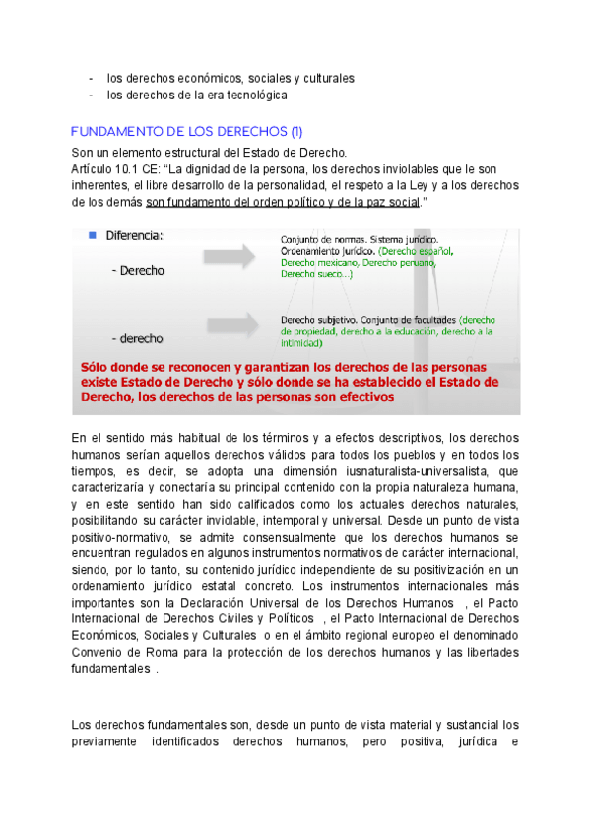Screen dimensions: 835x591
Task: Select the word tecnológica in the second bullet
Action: click(x=252, y=96)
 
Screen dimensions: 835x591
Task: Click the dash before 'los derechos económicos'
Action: click(x=91, y=78)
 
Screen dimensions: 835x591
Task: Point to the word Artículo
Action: click(x=95, y=168)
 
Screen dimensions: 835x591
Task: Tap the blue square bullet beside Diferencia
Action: click(x=91, y=235)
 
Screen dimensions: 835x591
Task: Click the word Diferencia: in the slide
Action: click(x=134, y=236)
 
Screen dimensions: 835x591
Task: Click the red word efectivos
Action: click(x=361, y=397)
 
